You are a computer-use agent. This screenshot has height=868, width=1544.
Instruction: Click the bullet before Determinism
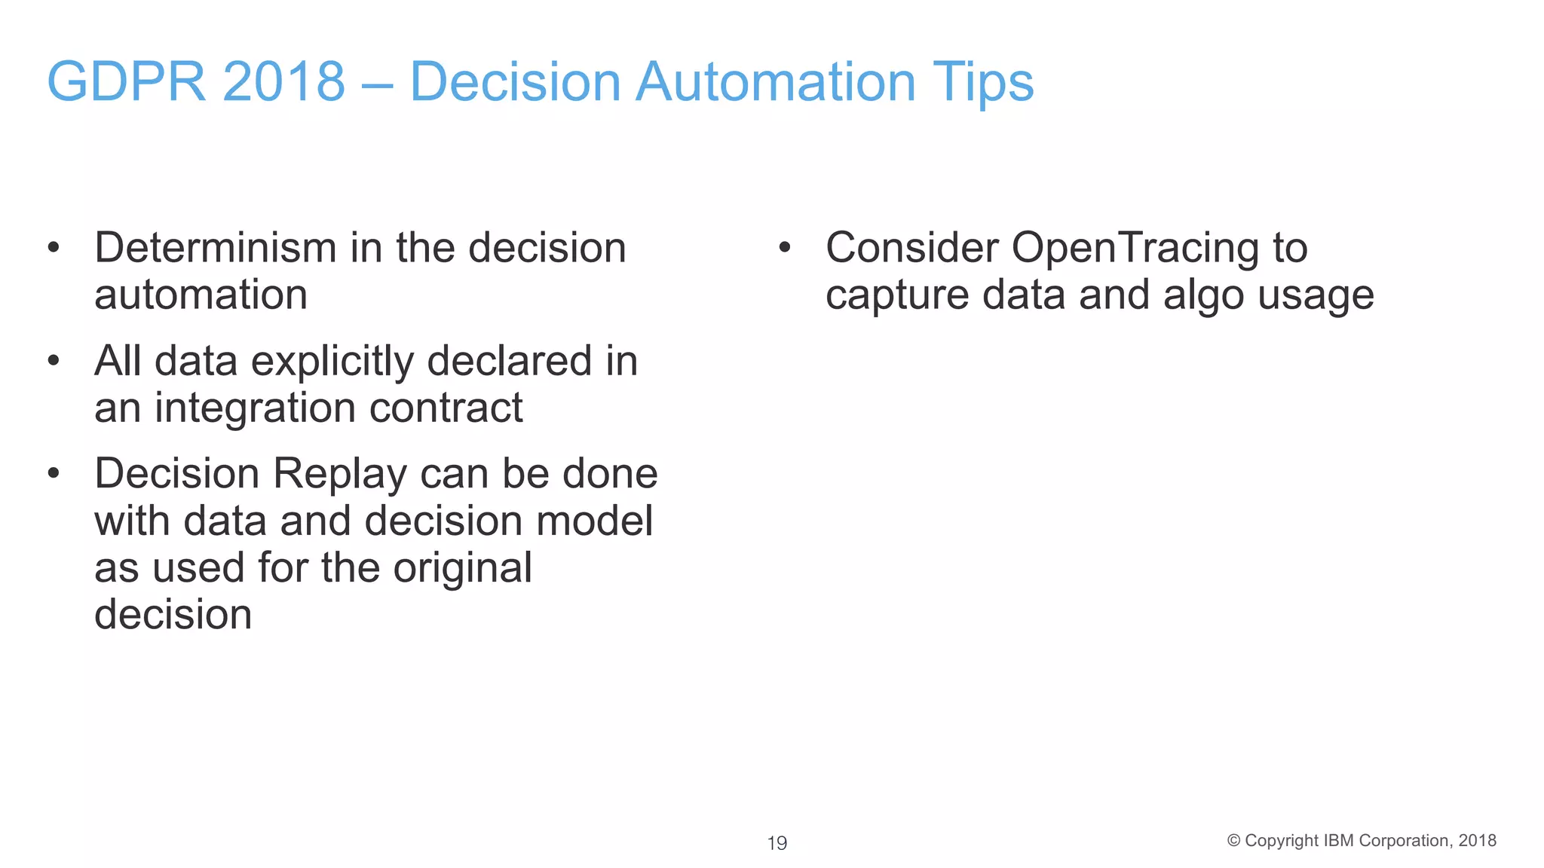click(53, 248)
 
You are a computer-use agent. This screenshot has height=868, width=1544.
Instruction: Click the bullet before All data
click(53, 361)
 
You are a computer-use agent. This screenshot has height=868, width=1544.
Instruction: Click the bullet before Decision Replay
click(53, 474)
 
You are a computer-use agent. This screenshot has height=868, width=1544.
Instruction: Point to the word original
click(462, 568)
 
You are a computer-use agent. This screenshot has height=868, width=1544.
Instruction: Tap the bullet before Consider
click(784, 248)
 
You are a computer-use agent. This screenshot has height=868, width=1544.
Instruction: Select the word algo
click(1203, 295)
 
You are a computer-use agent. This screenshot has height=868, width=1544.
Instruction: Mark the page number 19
click(777, 843)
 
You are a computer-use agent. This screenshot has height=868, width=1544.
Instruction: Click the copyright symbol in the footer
click(1233, 841)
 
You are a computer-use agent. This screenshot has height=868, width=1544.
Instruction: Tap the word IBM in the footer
click(1338, 841)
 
